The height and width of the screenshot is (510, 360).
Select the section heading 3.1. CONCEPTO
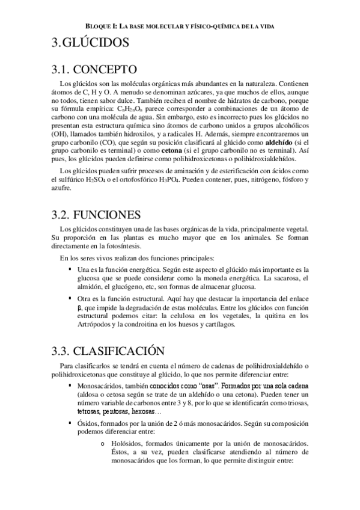coord(95,68)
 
